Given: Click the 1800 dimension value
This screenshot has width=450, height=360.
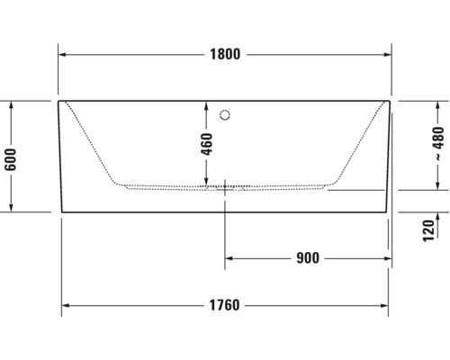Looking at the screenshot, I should click(226, 54).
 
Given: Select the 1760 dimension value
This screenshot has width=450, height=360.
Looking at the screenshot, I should click(225, 304).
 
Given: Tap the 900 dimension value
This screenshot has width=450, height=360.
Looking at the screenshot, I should click(307, 259).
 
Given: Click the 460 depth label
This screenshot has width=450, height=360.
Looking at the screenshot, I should click(208, 145).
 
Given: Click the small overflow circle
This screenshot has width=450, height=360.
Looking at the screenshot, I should click(226, 114).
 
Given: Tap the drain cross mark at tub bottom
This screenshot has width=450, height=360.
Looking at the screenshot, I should click(225, 188).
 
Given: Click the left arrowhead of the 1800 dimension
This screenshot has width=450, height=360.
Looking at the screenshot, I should click(63, 54).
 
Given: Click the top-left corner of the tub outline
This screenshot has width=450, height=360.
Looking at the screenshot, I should click(59, 101).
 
